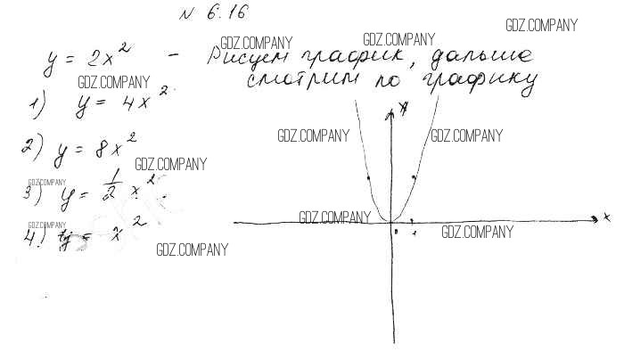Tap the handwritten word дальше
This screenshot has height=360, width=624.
click(480, 57)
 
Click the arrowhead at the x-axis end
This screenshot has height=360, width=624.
click(595, 218)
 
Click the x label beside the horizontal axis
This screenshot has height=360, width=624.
click(607, 217)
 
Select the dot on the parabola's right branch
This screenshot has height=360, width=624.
click(413, 179)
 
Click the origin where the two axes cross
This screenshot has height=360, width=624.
click(391, 222)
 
